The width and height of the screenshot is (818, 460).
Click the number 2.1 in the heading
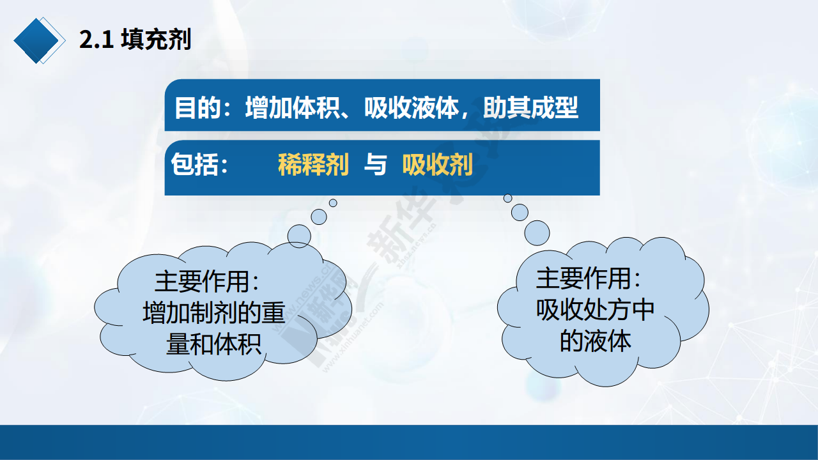pos(96,40)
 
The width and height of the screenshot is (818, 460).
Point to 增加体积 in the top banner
pos(293,108)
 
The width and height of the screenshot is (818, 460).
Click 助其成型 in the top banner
pos(530,108)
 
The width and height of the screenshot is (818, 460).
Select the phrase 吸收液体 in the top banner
pos(412,108)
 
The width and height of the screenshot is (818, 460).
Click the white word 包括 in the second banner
pos(195,164)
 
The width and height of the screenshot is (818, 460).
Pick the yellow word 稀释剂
pos(313,165)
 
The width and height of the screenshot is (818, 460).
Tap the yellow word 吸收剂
pos(438,165)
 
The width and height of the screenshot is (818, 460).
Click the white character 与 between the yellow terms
pos(375,165)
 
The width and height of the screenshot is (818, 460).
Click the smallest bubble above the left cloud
pos(333,203)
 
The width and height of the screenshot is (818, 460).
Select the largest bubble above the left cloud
pos(299,236)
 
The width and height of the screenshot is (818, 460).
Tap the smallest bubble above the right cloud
pos(507,198)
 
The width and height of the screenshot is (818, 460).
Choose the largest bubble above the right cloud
pos(537,233)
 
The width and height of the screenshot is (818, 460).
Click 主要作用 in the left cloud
pos(202,282)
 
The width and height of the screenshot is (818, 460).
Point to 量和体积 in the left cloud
pos(213,344)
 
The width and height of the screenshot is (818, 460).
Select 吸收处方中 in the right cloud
pos(595,310)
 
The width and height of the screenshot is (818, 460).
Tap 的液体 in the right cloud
pos(595,341)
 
